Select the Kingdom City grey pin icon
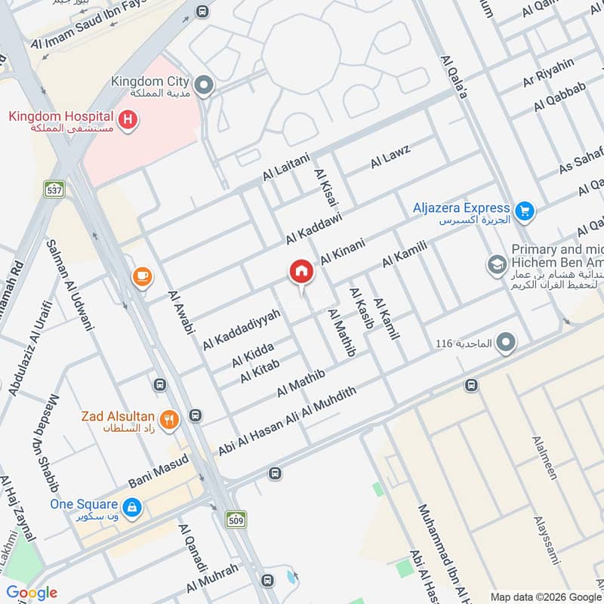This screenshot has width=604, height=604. (202, 85)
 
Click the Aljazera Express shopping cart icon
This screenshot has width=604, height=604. (524, 211)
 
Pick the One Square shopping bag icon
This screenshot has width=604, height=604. (131, 507)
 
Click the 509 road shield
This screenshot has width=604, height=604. (236, 519)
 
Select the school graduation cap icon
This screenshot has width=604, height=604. (497, 263)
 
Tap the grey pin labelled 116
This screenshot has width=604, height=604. (506, 343)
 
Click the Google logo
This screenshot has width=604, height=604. (32, 593)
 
